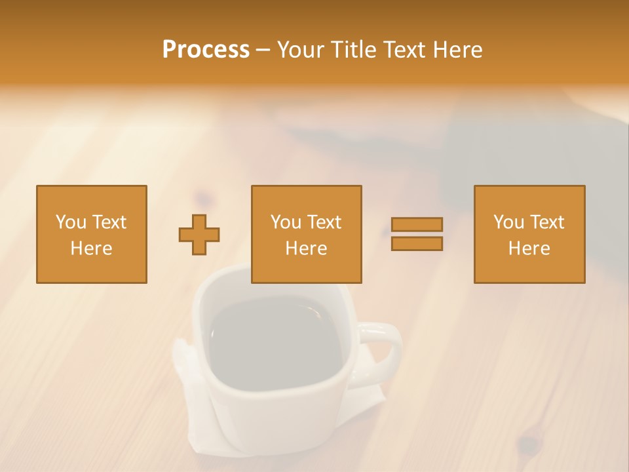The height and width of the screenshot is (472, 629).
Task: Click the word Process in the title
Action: tap(206, 50)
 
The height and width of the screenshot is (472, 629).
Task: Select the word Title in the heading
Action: tap(354, 50)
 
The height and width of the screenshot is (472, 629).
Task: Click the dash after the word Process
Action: tap(263, 50)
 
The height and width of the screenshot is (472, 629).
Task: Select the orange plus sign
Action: tap(199, 235)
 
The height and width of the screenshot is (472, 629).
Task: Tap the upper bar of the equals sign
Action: tap(417, 224)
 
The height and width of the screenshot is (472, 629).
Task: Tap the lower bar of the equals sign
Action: tap(417, 244)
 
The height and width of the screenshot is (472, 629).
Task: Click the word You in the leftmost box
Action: tap(71, 222)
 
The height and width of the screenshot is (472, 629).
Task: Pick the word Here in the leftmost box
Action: tap(91, 248)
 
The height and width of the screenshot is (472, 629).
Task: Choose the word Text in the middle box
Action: tap(324, 222)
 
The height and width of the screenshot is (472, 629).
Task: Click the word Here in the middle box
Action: tap(306, 248)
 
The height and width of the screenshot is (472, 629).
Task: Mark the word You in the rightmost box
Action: tap(508, 222)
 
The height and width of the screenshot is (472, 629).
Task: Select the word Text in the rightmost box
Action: tap(546, 222)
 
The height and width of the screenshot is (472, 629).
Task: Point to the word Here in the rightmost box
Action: tap(529, 248)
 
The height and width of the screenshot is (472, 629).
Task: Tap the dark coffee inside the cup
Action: tap(275, 341)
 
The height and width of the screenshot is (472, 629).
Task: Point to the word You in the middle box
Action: tap(286, 222)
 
